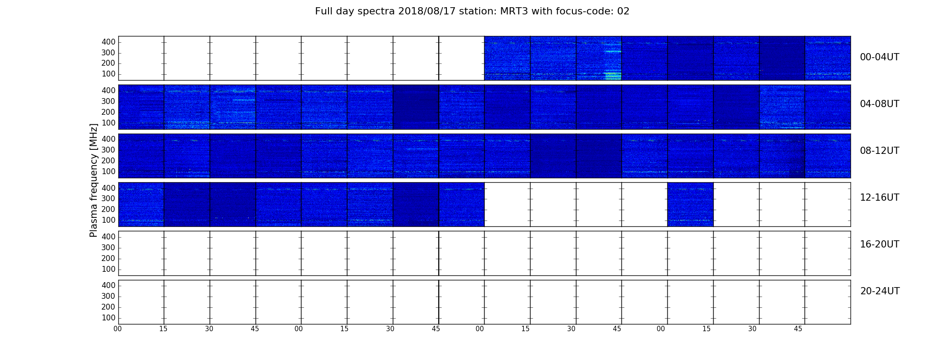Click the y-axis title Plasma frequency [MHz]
(94, 180)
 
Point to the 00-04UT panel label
(880, 57)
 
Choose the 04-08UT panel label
(880, 104)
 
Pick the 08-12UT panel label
(880, 151)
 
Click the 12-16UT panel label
(880, 198)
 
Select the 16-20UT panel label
(880, 244)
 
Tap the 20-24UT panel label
(880, 291)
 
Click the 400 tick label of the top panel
(108, 42)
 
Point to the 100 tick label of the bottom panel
(108, 318)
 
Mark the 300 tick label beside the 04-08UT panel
(108, 101)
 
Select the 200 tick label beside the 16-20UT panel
(108, 258)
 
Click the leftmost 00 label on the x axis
(117, 329)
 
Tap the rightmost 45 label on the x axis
(798, 329)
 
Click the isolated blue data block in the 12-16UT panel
(690, 204)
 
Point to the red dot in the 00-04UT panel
(654, 70)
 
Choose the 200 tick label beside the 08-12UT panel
(108, 161)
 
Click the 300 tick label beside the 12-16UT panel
(108, 198)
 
